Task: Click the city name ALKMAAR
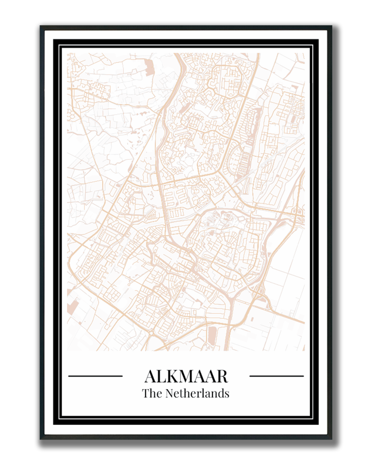point(186,376)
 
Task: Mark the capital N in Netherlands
point(170,393)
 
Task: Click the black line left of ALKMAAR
point(95,376)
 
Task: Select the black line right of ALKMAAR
point(277,376)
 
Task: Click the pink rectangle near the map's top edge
point(150,68)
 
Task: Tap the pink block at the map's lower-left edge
point(73,306)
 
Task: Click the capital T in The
point(146,393)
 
